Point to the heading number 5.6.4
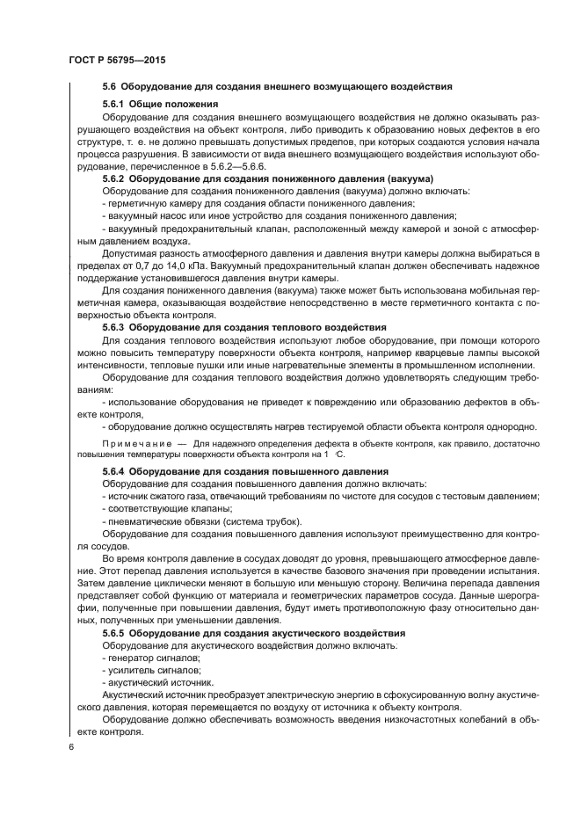[x=117, y=471]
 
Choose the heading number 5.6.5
[x=117, y=633]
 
